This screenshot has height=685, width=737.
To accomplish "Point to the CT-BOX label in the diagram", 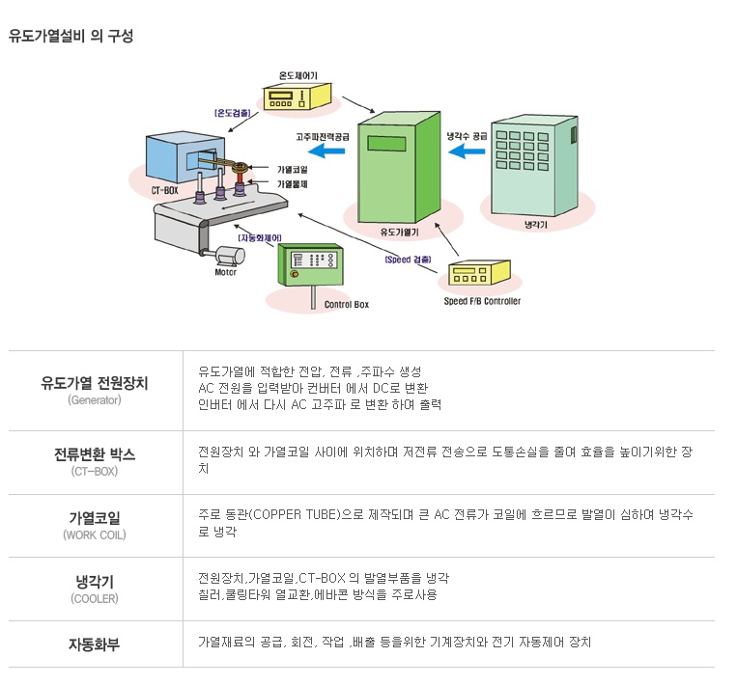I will (164, 191).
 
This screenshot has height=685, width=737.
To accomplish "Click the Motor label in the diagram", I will (225, 272).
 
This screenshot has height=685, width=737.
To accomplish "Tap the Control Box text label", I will (347, 305).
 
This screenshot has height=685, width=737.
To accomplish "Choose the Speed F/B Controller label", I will (482, 301).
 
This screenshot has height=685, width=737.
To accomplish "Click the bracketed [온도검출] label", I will (233, 113).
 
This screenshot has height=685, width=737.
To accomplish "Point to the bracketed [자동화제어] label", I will (259, 236).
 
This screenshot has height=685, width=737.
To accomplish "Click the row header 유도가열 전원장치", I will (95, 382).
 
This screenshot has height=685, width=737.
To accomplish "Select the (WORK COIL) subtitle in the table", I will (95, 534).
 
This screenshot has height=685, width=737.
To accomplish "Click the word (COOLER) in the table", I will (95, 598).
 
